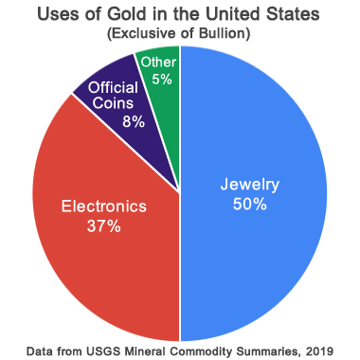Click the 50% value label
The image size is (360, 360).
click(x=250, y=205)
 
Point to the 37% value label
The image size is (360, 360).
click(x=104, y=226)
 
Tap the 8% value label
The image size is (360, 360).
click(x=134, y=121)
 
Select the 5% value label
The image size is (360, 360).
click(x=162, y=79)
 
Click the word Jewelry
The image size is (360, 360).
click(x=250, y=185)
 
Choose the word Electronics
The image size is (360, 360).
click(x=104, y=207)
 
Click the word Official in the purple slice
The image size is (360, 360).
click(x=113, y=87)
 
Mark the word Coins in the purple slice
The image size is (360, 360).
click(x=113, y=103)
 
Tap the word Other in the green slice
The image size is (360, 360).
click(x=158, y=63)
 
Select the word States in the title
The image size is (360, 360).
click(x=295, y=14)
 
